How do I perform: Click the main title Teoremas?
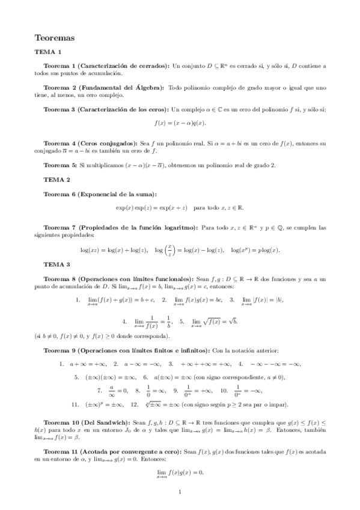point(55,37)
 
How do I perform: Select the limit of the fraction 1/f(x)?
point(153,322)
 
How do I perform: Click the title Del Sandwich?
point(105,423)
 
